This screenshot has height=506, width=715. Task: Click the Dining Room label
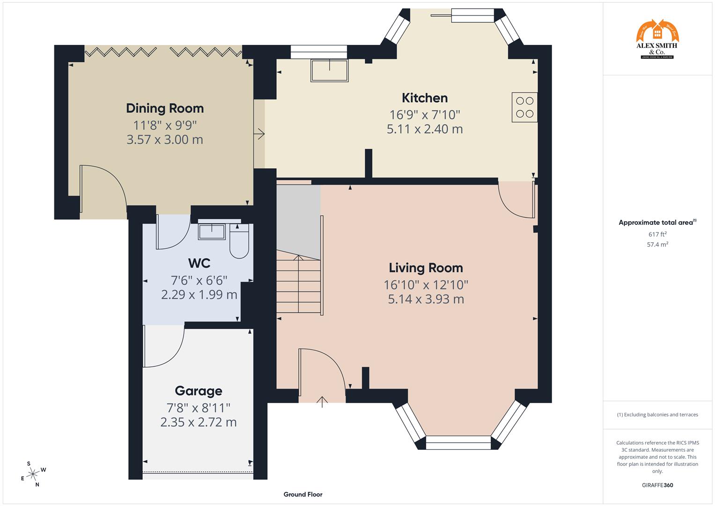[x=165, y=108]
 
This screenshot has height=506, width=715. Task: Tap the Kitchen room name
[x=425, y=98]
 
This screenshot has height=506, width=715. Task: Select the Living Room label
[x=426, y=268]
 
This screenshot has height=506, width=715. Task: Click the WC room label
[x=199, y=262]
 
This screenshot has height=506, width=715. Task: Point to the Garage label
[x=198, y=391]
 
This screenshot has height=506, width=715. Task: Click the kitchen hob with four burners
[x=524, y=107]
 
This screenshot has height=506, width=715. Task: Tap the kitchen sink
[x=330, y=70]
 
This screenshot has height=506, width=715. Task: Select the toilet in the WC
[x=239, y=241]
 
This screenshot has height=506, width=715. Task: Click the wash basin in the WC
[x=212, y=231]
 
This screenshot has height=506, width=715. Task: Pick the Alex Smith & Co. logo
[x=657, y=39]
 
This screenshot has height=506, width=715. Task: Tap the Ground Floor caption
[x=302, y=494]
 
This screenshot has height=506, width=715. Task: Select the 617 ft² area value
[x=657, y=234]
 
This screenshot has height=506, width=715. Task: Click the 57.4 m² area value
[x=657, y=244]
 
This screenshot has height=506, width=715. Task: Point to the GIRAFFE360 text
[x=657, y=485]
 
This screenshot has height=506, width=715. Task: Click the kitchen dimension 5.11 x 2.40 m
[x=425, y=129]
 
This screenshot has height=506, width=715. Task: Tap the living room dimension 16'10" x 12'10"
[x=426, y=284]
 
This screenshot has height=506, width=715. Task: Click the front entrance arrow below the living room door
[x=322, y=402]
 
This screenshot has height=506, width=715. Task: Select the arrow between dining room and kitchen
[x=259, y=134]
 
